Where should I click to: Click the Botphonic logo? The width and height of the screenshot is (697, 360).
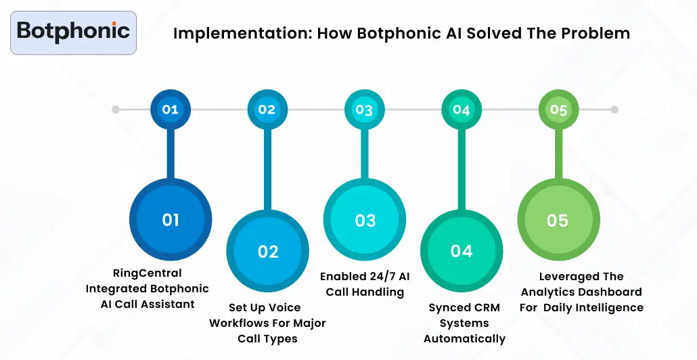coord(73,31)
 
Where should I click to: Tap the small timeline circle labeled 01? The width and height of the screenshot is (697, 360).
coord(171,109)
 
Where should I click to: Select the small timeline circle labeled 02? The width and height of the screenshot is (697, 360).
coord(267,109)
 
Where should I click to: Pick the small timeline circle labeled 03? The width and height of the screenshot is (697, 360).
coord(364,109)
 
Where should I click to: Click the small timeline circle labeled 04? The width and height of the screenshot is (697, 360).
coord(461,109)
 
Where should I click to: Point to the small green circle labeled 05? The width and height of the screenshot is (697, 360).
coord(558,109)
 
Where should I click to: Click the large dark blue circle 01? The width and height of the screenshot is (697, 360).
coord(171,220)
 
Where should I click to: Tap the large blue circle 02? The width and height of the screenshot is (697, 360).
coord(268,252)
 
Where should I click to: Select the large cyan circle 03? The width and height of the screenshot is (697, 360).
coord(365,221)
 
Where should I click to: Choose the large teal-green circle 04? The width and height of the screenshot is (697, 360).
coord(462,251)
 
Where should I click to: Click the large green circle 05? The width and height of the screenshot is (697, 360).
coord(558,221)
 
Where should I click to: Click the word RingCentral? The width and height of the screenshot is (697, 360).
coord(147,273)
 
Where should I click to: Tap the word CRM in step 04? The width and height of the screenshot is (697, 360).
coord(487,308)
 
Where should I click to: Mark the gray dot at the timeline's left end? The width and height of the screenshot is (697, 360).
coord(116,109)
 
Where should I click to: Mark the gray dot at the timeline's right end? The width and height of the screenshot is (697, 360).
coord(614,109)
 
